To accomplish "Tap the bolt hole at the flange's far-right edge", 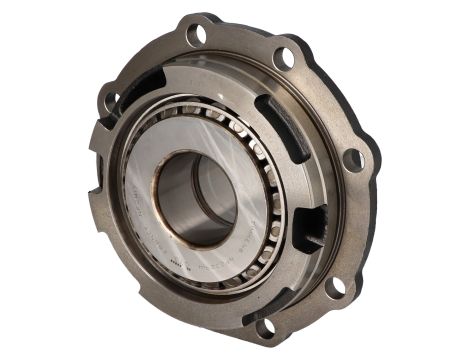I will pyautogui.click(x=352, y=159).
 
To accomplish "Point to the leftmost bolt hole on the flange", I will pyautogui.click(x=109, y=99).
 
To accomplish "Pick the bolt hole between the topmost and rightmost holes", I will pyautogui.click(x=284, y=58).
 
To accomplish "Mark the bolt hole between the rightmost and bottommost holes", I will pyautogui.click(x=337, y=286).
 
